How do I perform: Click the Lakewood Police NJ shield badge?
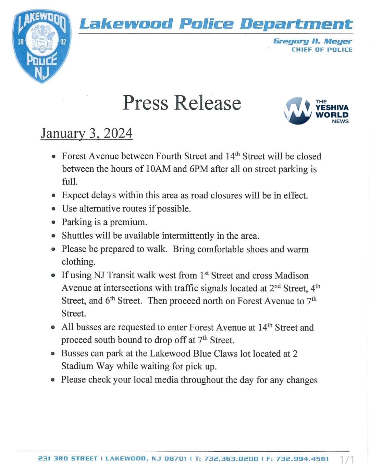pyautogui.click(x=42, y=46)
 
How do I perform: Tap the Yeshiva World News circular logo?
pyautogui.click(x=297, y=111)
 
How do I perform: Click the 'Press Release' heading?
pyautogui.click(x=182, y=103)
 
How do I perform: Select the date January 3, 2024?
pyautogui.click(x=86, y=133)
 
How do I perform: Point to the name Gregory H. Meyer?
pyautogui.click(x=312, y=41)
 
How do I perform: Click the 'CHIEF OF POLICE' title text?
pyautogui.click(x=322, y=50)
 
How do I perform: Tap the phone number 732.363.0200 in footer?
pyautogui.click(x=231, y=459)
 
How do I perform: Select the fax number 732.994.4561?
pyautogui.click(x=303, y=459)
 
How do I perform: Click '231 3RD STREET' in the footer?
pyautogui.click(x=67, y=459)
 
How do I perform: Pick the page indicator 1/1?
pyautogui.click(x=347, y=459)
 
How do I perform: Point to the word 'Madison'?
pyautogui.click(x=292, y=275)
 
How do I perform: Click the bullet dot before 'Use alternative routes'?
pyautogui.click(x=53, y=209)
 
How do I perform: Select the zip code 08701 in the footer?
pyautogui.click(x=175, y=459)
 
